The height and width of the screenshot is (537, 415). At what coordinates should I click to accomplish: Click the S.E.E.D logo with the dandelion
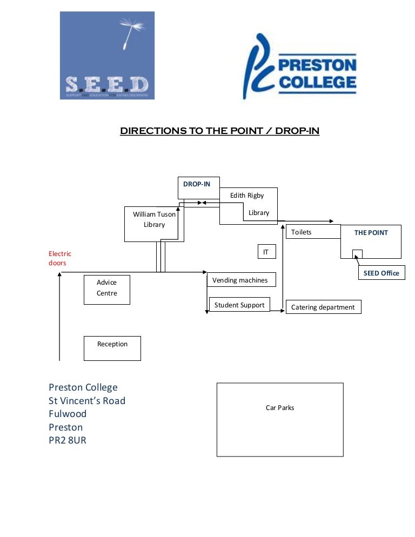107,56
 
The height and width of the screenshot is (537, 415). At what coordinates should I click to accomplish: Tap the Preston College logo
299,66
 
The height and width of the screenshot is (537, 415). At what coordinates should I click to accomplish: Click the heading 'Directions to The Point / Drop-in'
219,131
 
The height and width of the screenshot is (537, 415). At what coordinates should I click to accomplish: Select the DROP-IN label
197,184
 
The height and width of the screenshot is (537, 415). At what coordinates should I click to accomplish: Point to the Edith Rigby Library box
249,205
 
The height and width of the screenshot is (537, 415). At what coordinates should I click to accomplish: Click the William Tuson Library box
154,220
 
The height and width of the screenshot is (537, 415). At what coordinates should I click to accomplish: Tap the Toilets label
302,232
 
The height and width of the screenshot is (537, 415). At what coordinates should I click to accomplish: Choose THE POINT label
371,233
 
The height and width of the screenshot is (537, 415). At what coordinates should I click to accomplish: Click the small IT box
266,252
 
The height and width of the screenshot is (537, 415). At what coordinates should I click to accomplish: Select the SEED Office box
381,273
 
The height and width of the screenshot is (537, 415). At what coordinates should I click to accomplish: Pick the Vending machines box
240,280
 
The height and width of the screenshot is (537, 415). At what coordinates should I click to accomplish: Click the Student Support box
239,305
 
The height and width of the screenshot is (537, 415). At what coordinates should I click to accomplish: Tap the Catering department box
323,307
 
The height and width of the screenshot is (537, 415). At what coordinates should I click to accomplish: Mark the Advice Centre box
106,288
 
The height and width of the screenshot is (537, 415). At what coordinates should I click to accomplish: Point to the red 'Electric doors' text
59,258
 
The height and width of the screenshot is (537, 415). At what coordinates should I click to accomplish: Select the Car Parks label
280,408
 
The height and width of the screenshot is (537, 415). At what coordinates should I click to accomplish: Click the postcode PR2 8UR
68,440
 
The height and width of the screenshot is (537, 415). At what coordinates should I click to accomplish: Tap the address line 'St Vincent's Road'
87,401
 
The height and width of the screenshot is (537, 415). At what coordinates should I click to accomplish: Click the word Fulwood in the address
68,414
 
